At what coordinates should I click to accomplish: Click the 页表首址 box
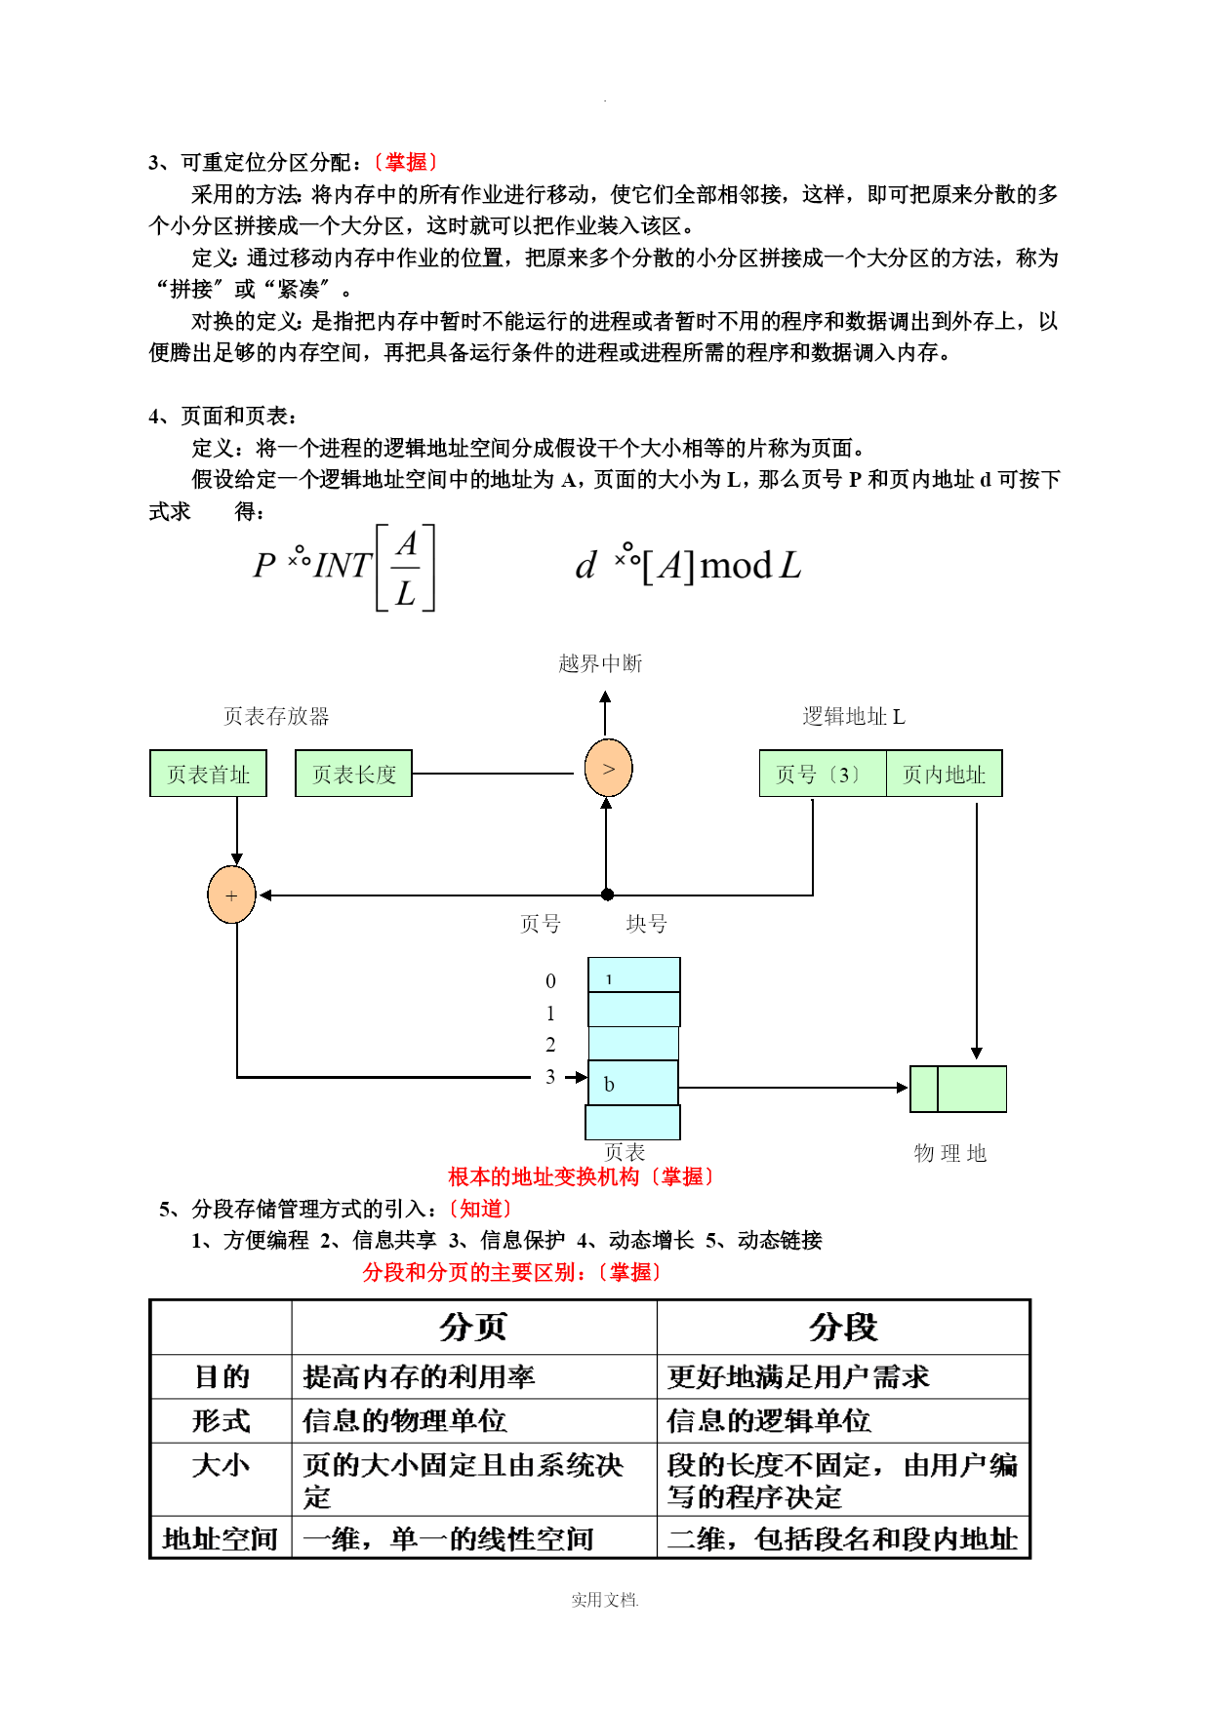[x=208, y=774]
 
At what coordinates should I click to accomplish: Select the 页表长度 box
[x=353, y=774]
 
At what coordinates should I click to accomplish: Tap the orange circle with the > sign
[x=608, y=769]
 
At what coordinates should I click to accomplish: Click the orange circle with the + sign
[x=231, y=895]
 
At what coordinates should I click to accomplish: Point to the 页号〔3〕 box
[x=823, y=774]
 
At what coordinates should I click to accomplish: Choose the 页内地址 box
[x=944, y=774]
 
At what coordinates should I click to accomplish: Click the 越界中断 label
[x=600, y=663]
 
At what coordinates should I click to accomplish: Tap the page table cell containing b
[x=632, y=1083]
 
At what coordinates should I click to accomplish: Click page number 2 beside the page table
[x=550, y=1045]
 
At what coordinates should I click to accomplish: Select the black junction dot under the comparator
[x=607, y=895]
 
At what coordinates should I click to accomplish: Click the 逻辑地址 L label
[x=854, y=716]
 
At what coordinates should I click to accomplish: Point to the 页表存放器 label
[x=276, y=716]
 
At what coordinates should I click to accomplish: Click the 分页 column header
[x=473, y=1327]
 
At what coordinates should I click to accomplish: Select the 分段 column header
[x=843, y=1327]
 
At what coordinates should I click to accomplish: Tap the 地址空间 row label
[x=221, y=1538]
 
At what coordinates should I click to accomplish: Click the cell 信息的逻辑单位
[x=769, y=1420]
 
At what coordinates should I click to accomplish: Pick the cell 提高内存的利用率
[x=419, y=1376]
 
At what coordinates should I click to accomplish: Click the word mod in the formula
[x=736, y=565]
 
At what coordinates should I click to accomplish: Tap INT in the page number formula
[x=343, y=565]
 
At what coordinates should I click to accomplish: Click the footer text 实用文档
[x=604, y=1600]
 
